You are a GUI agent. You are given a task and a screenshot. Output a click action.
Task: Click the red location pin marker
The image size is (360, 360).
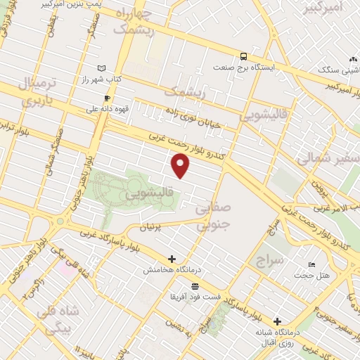point(181,166)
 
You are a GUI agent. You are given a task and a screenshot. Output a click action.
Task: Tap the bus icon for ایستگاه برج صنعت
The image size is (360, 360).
point(243,56)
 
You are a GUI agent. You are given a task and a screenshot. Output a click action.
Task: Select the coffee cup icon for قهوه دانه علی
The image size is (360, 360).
point(108,98)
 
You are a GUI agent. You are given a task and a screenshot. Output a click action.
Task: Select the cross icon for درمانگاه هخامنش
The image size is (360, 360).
point(172,259)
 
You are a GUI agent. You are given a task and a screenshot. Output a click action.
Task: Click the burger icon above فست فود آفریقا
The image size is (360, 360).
point(195,286)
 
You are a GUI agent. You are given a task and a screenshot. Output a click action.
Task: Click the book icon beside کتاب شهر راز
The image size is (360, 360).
point(103,67)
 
